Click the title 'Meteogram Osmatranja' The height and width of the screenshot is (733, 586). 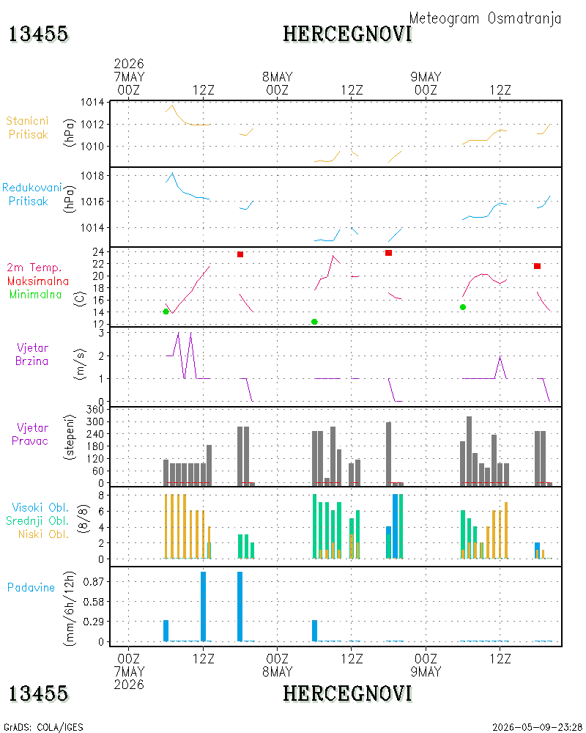pos(485,18)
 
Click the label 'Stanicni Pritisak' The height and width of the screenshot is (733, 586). pos(28,128)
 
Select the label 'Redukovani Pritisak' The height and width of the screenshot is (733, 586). pos(31,194)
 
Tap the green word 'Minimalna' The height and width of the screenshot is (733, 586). pos(35,295)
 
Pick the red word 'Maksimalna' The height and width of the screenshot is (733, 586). pos(38,281)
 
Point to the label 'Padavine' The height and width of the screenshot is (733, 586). pos(31,588)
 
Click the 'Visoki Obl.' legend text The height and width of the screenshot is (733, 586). pos(40,507)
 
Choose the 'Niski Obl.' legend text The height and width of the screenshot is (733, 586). pos(43,534)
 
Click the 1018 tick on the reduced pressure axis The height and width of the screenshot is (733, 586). pos(92,176)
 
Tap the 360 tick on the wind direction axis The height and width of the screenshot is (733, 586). pos(95,410)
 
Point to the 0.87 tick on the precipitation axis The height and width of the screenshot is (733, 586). pos(94,581)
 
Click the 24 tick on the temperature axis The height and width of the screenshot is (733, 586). pos(98,251)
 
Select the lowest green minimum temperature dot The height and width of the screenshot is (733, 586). pos(314,322)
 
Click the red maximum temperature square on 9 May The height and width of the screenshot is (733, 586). pos(538,266)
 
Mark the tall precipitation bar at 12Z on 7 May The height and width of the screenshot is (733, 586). pos(204,606)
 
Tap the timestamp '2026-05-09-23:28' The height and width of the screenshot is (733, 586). pos(537,727)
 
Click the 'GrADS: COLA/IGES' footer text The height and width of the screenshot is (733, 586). pos(43,727)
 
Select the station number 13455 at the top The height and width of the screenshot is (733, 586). pos(38,34)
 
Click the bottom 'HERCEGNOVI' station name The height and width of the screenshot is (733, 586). pos(347,693)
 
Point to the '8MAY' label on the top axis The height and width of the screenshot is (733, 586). pos(277,77)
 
